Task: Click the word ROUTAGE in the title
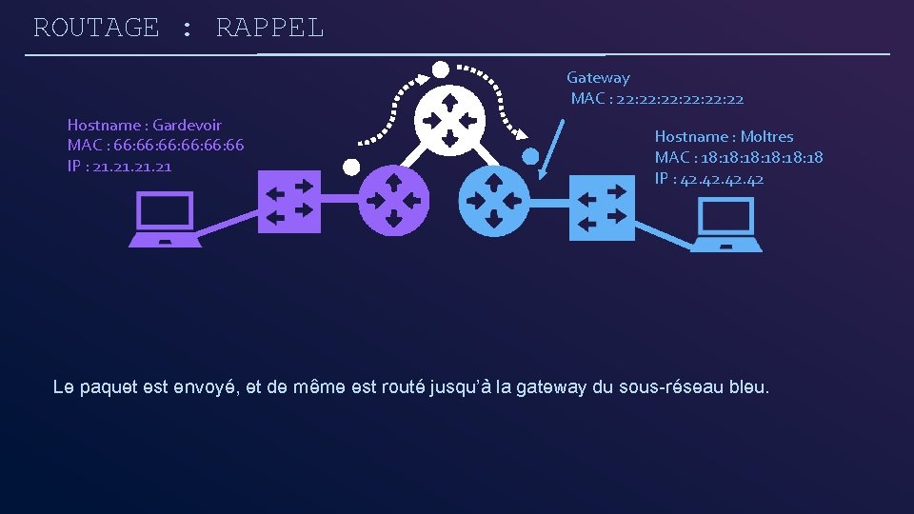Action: coord(96,28)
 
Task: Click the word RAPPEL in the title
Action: coord(269,28)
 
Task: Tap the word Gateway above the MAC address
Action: coord(598,77)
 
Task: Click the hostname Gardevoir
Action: coord(187,125)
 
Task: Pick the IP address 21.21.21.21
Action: coord(134,167)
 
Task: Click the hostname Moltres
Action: coord(766,136)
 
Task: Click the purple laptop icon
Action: coord(166,220)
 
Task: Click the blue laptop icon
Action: coord(726,225)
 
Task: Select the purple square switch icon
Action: coord(289,202)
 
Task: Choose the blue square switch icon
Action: coord(602,208)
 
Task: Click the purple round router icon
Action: coord(393,200)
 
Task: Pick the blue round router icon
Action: coord(494,201)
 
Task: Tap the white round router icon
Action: coord(449,120)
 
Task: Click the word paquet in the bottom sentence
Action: coord(110,387)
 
